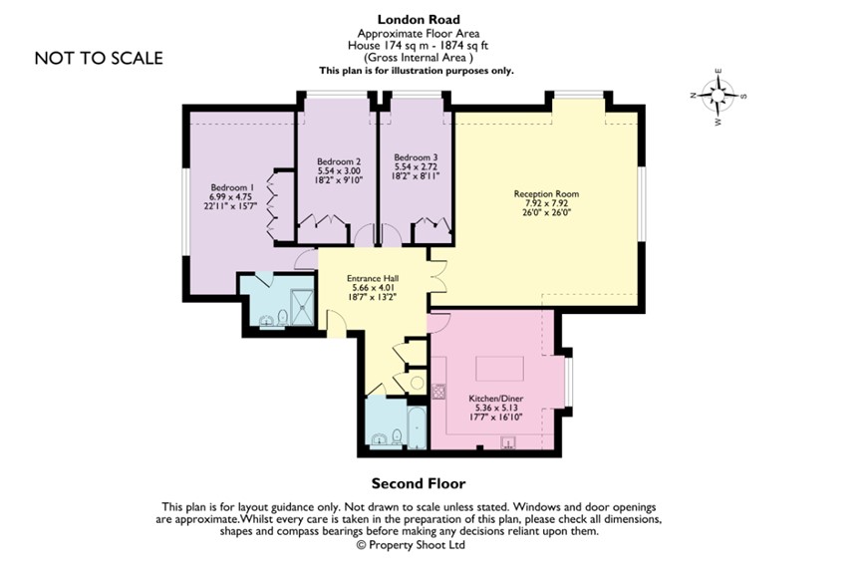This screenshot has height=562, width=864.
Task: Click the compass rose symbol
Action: coord(718,97)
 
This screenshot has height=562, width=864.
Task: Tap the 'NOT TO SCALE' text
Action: coord(99,58)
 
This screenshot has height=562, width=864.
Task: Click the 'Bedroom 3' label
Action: coord(415,157)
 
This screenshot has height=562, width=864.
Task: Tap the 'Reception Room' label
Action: coord(545,193)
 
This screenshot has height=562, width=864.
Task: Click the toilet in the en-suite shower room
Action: coord(283,317)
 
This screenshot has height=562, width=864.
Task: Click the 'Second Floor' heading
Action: coord(419,484)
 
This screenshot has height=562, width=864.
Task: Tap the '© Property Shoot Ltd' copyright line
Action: coord(412,545)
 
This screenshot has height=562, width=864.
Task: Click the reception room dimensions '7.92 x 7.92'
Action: coord(545,203)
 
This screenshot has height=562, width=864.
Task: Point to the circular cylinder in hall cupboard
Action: coord(416,383)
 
